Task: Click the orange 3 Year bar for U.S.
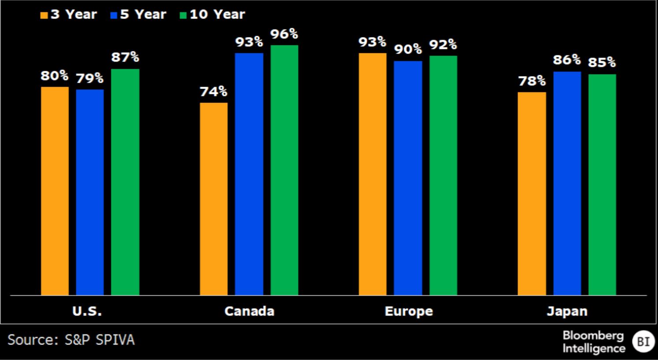point(55,191)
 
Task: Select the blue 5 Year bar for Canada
point(249,174)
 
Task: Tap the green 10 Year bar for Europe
point(443,175)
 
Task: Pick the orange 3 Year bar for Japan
point(532,193)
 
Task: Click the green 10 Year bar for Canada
point(284,170)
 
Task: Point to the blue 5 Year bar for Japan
point(567,183)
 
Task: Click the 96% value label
point(284,34)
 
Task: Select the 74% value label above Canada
point(214,92)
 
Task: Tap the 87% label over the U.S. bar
point(125,57)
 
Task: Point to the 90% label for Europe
point(408,49)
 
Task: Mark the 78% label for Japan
point(532,81)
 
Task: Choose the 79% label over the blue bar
point(90,78)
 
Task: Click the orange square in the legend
point(44,15)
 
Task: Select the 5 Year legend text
point(143,15)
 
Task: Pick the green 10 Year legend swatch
point(183,15)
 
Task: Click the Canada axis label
point(249,311)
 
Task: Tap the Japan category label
point(567,312)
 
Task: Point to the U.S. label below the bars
point(87,311)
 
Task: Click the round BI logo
point(643,341)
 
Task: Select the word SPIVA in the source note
point(115,340)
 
